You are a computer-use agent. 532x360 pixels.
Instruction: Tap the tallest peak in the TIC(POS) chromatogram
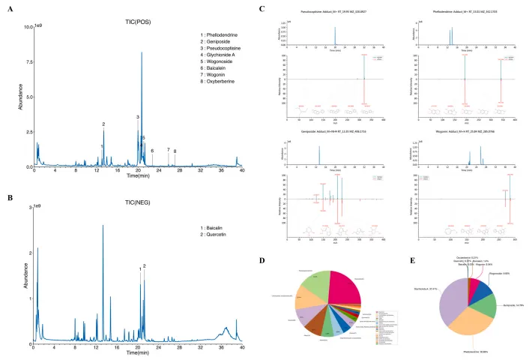[x=142, y=52]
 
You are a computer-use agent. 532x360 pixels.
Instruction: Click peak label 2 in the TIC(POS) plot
[x=103, y=124]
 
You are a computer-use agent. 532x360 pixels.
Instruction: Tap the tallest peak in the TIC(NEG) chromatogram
[x=103, y=225]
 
